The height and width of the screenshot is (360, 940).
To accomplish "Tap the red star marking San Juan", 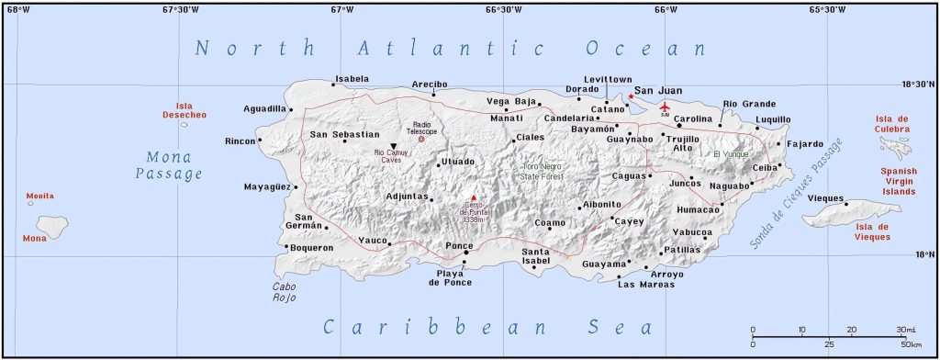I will pos(631,96).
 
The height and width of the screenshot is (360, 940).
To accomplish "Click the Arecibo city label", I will pos(429,84).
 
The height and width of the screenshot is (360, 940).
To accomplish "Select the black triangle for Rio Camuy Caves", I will pos(394,146).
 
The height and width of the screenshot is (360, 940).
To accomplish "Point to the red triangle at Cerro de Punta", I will pos(474,197).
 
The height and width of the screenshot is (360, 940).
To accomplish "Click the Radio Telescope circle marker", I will pos(421,139).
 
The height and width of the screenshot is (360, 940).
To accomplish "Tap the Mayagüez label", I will pos(267,187).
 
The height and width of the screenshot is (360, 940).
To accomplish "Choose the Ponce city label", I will pos(458,245).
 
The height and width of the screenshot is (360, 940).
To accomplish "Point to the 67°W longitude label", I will pos(342,10).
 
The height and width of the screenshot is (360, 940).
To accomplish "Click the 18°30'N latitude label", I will pos(918,84).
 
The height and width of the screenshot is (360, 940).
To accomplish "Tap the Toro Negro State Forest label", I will pos(542,171).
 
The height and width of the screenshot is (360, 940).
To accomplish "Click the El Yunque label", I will pos(731,153).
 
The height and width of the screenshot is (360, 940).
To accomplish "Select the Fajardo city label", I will pos(805,144).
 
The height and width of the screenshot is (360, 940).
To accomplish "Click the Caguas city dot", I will pos(650,175).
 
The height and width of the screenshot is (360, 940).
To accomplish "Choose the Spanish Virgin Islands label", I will pos(899,181).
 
